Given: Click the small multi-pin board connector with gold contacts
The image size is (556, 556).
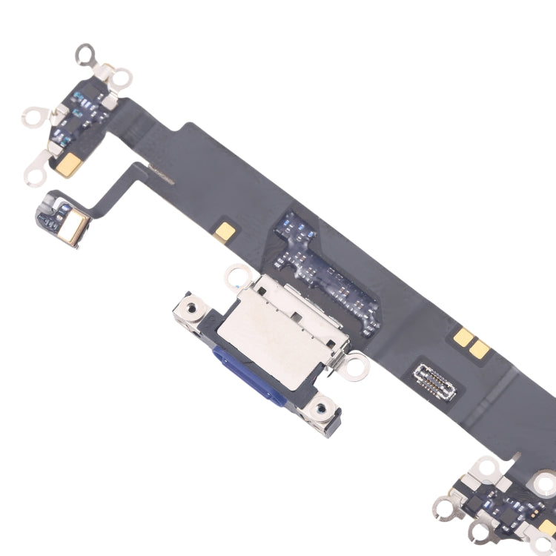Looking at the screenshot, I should tap(435, 376).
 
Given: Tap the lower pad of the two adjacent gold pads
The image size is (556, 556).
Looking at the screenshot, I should tap(480, 351).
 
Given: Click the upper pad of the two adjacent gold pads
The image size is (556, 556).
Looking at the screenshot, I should tap(465, 338).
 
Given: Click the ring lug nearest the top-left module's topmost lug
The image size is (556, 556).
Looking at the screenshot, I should tap(121, 77).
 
